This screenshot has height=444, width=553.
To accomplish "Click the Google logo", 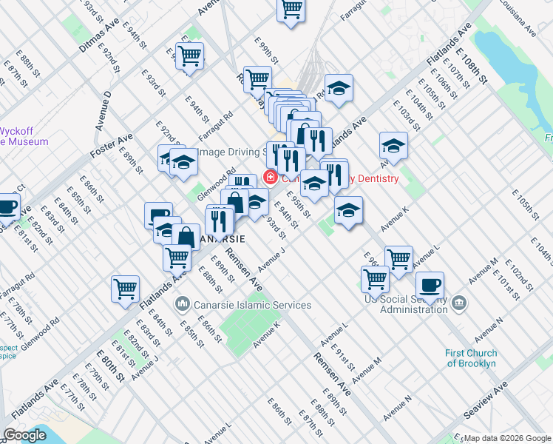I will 25,434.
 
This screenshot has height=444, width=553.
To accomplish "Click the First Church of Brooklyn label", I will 471,358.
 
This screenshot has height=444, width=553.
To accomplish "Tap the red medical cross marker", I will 271,178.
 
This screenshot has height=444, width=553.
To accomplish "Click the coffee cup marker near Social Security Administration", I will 430,286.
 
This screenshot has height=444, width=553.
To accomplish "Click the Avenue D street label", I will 103,112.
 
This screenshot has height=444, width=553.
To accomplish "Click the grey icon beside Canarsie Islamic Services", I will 182,305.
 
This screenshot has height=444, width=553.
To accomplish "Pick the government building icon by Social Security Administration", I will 458,303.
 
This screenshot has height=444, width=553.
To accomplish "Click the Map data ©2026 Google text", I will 506,438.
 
